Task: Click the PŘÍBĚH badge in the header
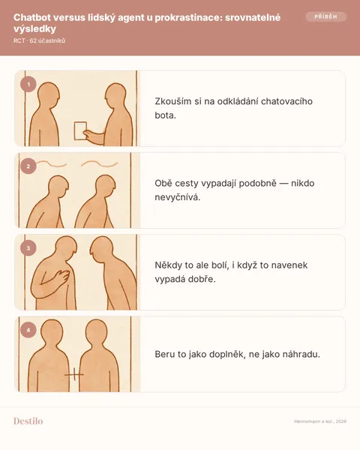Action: (325, 16)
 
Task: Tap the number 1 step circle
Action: (28, 84)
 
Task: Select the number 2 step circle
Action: (28, 166)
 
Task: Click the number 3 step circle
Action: (28, 248)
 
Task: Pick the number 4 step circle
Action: (28, 330)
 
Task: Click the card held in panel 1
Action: (80, 130)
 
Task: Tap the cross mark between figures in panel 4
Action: (74, 374)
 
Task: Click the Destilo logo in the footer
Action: (28, 421)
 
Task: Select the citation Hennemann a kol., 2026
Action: (320, 421)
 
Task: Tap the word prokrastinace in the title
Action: (188, 17)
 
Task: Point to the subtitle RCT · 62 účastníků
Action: (39, 40)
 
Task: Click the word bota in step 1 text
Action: (165, 115)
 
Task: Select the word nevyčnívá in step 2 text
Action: (178, 197)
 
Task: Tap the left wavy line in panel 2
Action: (52, 163)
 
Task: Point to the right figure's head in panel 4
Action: (97, 331)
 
